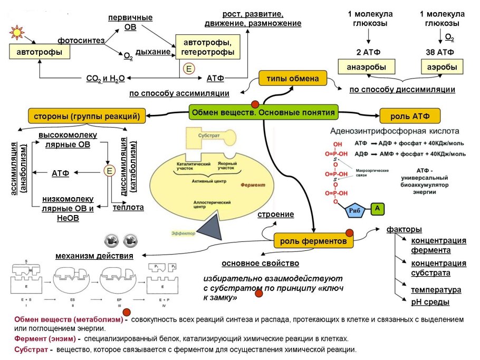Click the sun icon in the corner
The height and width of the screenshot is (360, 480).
[x=16, y=32]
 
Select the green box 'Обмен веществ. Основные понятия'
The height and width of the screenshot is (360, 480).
[x=263, y=112]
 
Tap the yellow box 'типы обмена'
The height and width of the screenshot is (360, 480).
[x=289, y=79]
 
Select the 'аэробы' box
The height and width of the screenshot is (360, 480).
[x=442, y=67]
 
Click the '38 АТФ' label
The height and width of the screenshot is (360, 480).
[x=441, y=52]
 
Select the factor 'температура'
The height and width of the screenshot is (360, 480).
[x=436, y=290]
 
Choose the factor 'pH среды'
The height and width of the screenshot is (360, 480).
[x=430, y=302]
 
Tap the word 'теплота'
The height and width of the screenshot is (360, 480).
[x=128, y=207]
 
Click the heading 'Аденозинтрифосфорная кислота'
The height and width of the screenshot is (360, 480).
[x=395, y=131]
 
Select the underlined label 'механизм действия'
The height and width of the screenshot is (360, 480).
[x=94, y=256]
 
